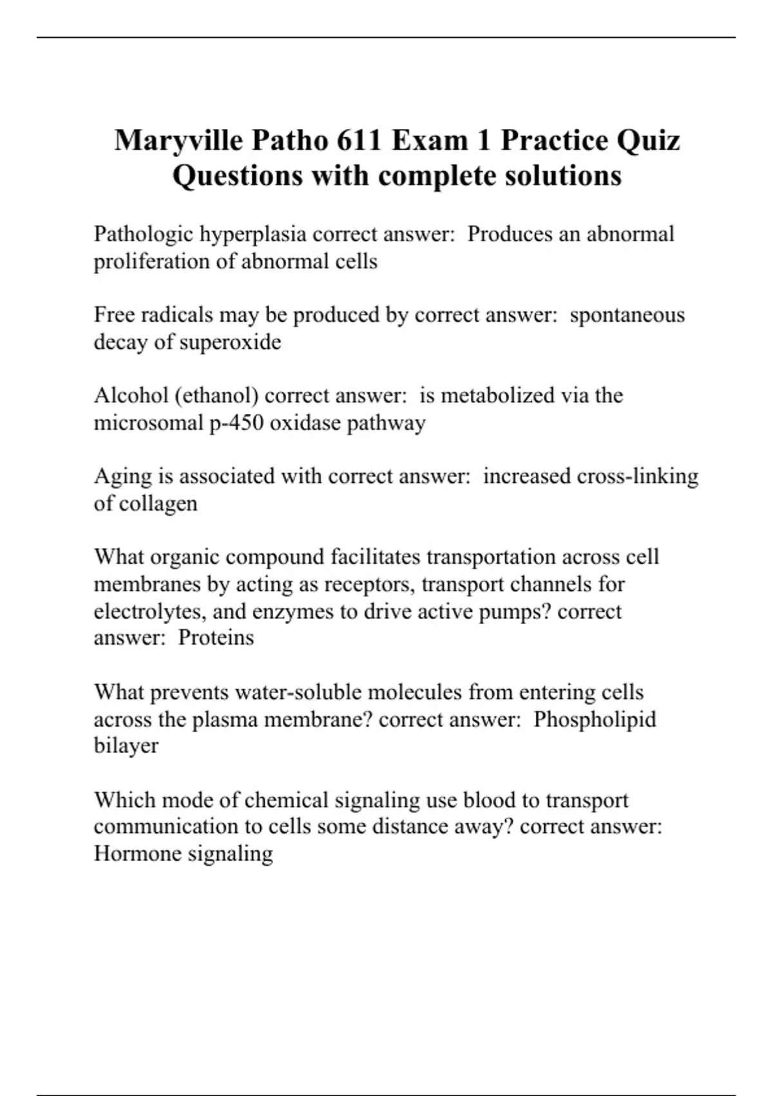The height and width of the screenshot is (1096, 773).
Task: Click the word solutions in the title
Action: [x=563, y=175]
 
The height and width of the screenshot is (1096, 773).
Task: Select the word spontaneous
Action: [x=627, y=315]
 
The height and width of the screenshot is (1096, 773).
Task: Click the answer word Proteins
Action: [x=216, y=637]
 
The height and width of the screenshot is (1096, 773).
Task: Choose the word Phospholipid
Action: [x=595, y=719]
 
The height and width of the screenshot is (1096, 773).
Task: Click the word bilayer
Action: [x=126, y=746]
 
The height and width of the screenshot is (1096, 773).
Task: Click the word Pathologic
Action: [x=144, y=233]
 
